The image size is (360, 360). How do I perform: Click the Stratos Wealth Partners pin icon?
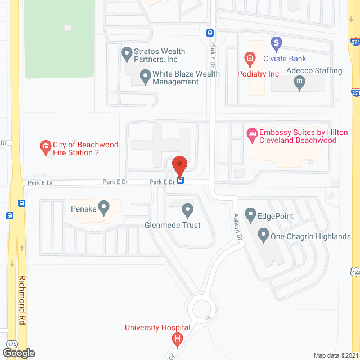127,55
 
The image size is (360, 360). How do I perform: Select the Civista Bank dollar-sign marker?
276,43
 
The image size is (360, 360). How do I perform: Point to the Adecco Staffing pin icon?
299,83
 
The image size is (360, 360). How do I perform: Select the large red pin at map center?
179,165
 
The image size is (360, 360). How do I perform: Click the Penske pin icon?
103,208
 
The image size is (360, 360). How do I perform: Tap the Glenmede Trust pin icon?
188,211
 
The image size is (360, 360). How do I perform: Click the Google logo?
18,353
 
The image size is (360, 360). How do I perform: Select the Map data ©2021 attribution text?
335,355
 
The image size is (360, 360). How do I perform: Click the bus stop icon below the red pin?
180,181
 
